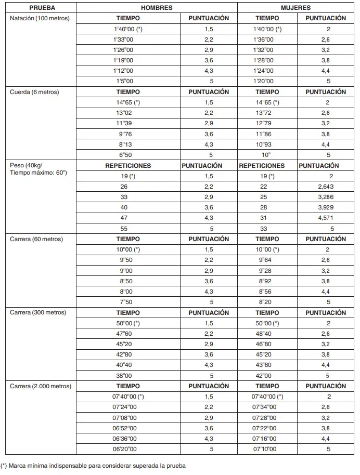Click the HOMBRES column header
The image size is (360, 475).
156,8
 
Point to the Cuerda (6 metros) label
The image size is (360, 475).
35,92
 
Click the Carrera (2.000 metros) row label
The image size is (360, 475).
41,386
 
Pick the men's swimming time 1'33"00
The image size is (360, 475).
123,39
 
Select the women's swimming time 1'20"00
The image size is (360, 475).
263,82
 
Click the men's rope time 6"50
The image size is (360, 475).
123,155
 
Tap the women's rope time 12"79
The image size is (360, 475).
264,123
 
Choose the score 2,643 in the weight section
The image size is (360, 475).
326,186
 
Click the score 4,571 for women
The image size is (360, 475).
326,218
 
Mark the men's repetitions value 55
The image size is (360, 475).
124,229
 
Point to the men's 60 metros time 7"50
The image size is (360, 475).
124,302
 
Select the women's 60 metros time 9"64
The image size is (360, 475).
265,260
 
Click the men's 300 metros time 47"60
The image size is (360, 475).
124,334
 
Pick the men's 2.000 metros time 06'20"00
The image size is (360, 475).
125,449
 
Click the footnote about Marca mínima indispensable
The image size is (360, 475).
93,466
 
